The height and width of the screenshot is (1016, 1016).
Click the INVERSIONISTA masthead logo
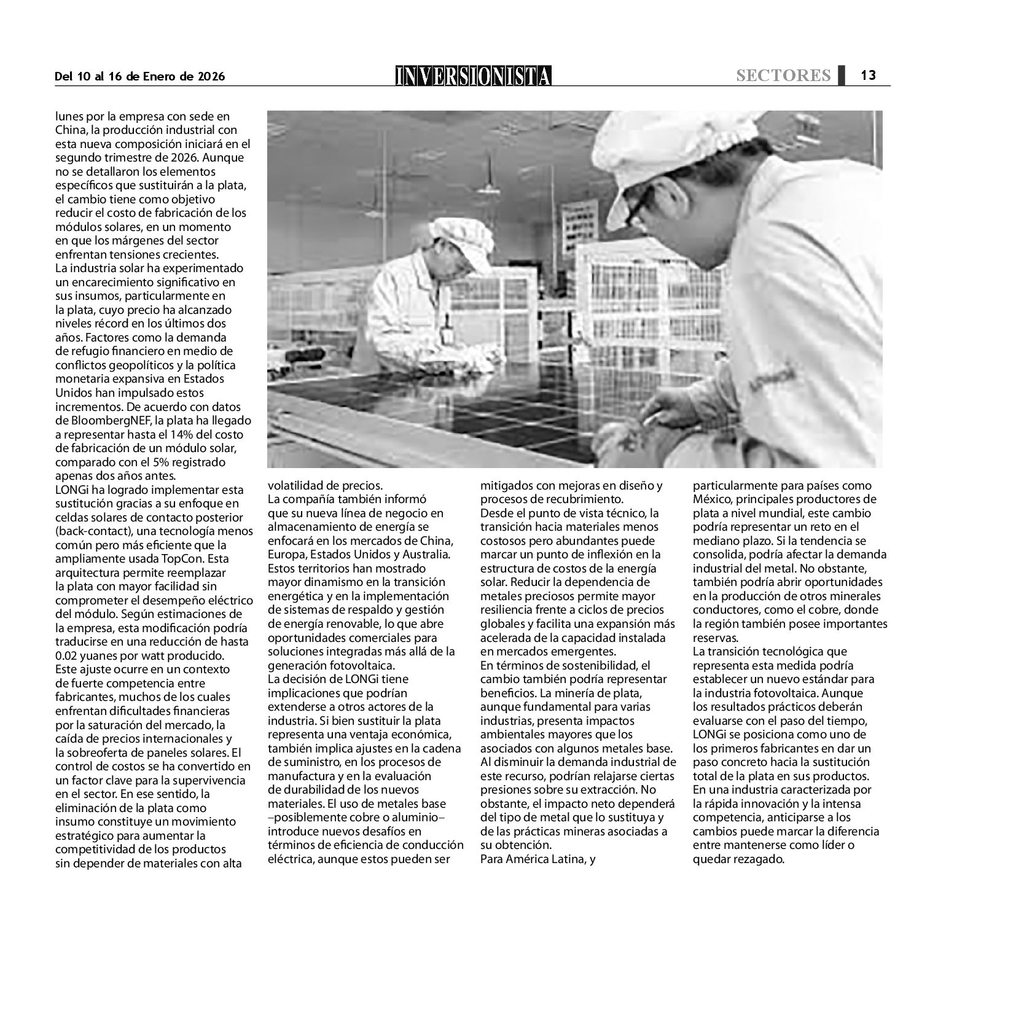473,76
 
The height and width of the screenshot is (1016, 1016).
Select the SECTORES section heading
783,76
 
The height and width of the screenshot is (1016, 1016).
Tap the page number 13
867,75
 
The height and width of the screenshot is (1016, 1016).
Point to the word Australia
429,554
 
